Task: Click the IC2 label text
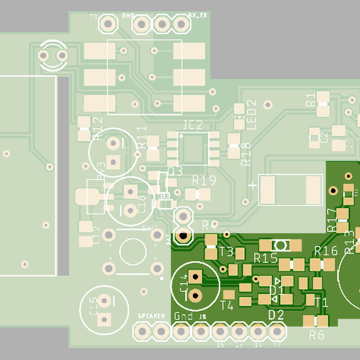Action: click(193, 125)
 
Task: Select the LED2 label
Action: click(251, 115)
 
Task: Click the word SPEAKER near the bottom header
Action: click(152, 316)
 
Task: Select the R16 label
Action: click(326, 251)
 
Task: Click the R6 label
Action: click(317, 335)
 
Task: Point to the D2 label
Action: click(275, 314)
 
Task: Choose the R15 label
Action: click(265, 258)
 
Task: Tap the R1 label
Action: click(311, 100)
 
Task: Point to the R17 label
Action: click(332, 220)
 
